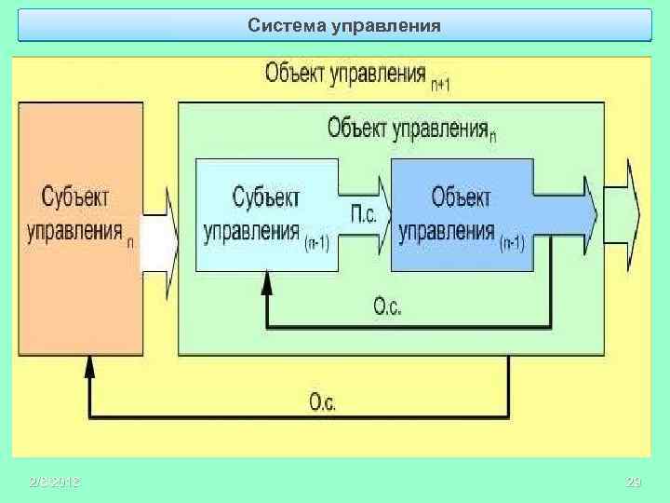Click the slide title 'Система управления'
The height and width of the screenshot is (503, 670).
(344, 25)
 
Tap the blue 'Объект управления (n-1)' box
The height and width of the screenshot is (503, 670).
(462, 215)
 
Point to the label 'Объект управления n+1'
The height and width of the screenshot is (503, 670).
(357, 74)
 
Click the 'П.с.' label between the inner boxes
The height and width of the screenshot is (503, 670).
(364, 215)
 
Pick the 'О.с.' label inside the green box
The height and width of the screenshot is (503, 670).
(387, 305)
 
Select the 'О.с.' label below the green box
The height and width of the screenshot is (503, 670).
(323, 401)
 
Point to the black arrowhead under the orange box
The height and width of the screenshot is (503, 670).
(89, 366)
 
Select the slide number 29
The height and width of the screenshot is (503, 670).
(635, 482)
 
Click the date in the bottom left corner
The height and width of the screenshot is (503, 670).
(54, 482)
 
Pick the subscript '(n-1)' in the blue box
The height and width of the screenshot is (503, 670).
(512, 243)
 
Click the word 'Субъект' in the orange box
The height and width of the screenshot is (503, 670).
(75, 197)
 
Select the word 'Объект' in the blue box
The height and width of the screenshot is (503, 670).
(461, 197)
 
